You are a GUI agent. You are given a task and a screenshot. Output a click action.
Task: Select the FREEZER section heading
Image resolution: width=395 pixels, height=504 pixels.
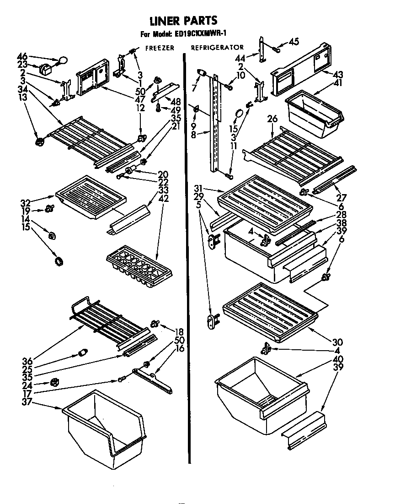point(160,48)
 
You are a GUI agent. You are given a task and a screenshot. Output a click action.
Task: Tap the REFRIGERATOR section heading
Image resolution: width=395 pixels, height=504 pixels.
point(217,48)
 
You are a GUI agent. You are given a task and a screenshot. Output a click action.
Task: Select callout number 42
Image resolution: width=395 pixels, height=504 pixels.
point(163,199)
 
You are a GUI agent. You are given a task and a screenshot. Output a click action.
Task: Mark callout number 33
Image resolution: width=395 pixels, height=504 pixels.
point(163,190)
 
